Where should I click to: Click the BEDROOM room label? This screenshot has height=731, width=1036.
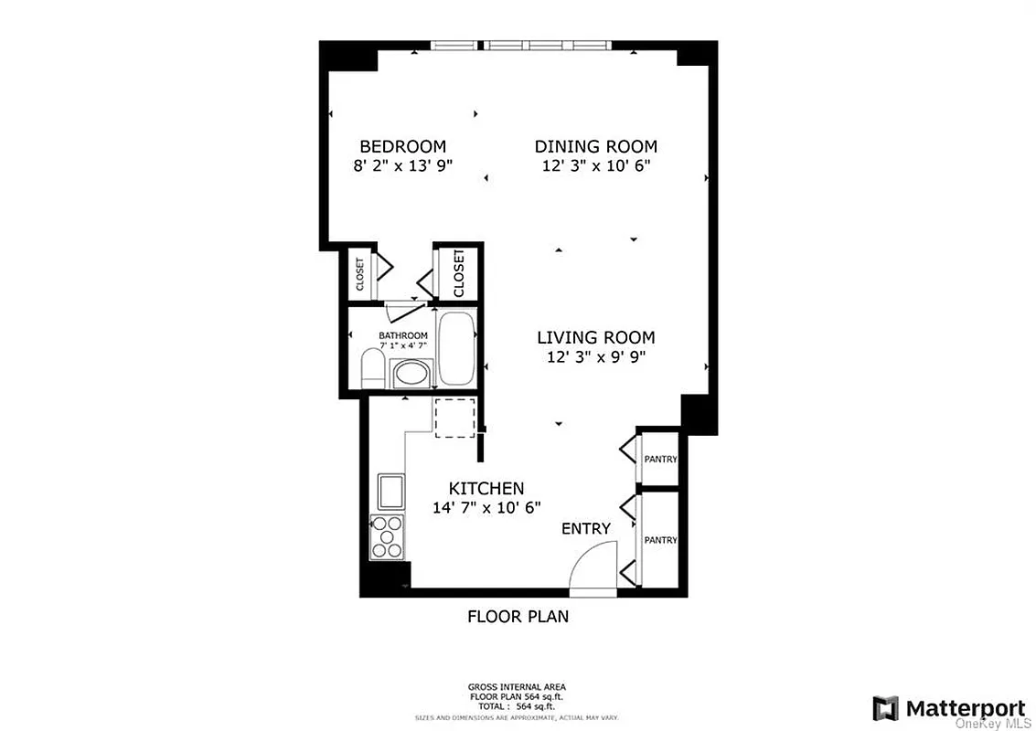coord(402,146)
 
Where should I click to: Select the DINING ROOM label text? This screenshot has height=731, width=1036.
coord(595,146)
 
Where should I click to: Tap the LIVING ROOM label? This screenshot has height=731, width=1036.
coord(595,337)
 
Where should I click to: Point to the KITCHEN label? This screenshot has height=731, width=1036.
coord(486,488)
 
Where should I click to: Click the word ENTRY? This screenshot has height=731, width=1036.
coord(585,528)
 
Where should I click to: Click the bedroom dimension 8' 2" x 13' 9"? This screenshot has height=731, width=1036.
coord(402,166)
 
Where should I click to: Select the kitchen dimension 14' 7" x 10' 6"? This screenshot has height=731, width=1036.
coord(486,507)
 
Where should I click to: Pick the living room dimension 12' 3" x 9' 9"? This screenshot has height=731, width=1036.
coord(595,357)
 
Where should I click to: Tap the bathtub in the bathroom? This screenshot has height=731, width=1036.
coord(456,349)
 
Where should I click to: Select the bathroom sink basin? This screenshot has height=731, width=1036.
coord(409,375)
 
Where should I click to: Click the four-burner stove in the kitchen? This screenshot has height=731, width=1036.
coord(386,536)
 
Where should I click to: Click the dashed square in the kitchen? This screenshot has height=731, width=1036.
coord(454,418)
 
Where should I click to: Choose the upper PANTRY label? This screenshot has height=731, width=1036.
coord(660,459)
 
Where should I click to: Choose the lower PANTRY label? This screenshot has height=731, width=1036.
coord(660,540)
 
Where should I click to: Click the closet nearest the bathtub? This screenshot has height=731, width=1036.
coord(458,272)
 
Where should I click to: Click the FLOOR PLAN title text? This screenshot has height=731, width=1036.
coord(518,616)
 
